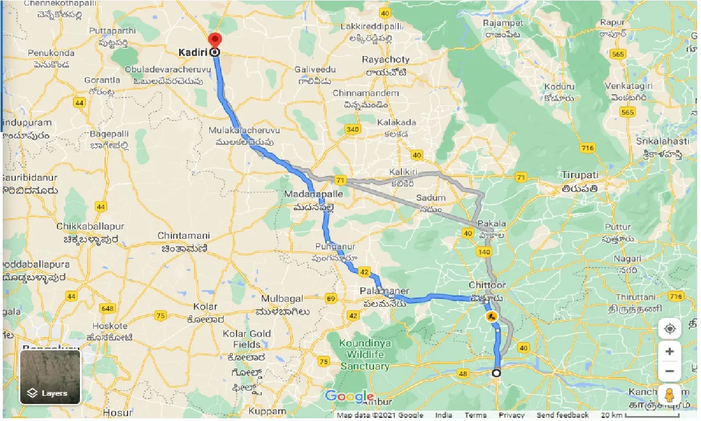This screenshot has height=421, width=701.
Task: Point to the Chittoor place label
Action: (487, 286)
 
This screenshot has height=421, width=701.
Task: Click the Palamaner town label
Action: (384, 291)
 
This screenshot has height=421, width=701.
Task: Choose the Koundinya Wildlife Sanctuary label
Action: (365, 355)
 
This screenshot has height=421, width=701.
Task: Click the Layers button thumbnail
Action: (50, 377)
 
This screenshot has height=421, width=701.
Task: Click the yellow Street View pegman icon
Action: (669, 394)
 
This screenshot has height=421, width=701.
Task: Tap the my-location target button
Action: (669, 329)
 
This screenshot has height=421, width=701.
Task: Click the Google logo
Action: (349, 397)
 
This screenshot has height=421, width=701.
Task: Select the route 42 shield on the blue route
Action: (364, 272)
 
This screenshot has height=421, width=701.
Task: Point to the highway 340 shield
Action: (352, 129)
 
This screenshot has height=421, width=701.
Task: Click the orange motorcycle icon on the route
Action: (491, 317)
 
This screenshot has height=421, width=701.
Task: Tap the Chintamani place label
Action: (183, 236)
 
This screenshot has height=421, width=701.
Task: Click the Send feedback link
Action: (562, 415)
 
